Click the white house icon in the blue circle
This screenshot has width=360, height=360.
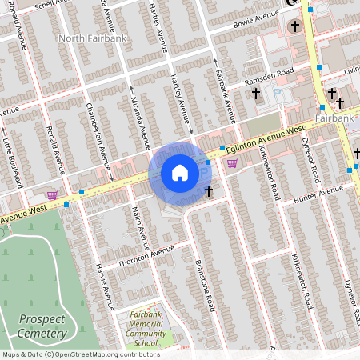pyautogui.click(x=179, y=173)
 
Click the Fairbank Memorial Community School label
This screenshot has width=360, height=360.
pyautogui.click(x=145, y=328)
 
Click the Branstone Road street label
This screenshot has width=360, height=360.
pyautogui.click(x=203, y=284)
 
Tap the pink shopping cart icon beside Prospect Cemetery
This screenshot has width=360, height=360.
pyautogui.click(x=52, y=194)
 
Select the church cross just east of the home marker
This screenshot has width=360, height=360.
pyautogui.click(x=209, y=190)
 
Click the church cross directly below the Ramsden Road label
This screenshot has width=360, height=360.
pyautogui.click(x=256, y=94)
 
